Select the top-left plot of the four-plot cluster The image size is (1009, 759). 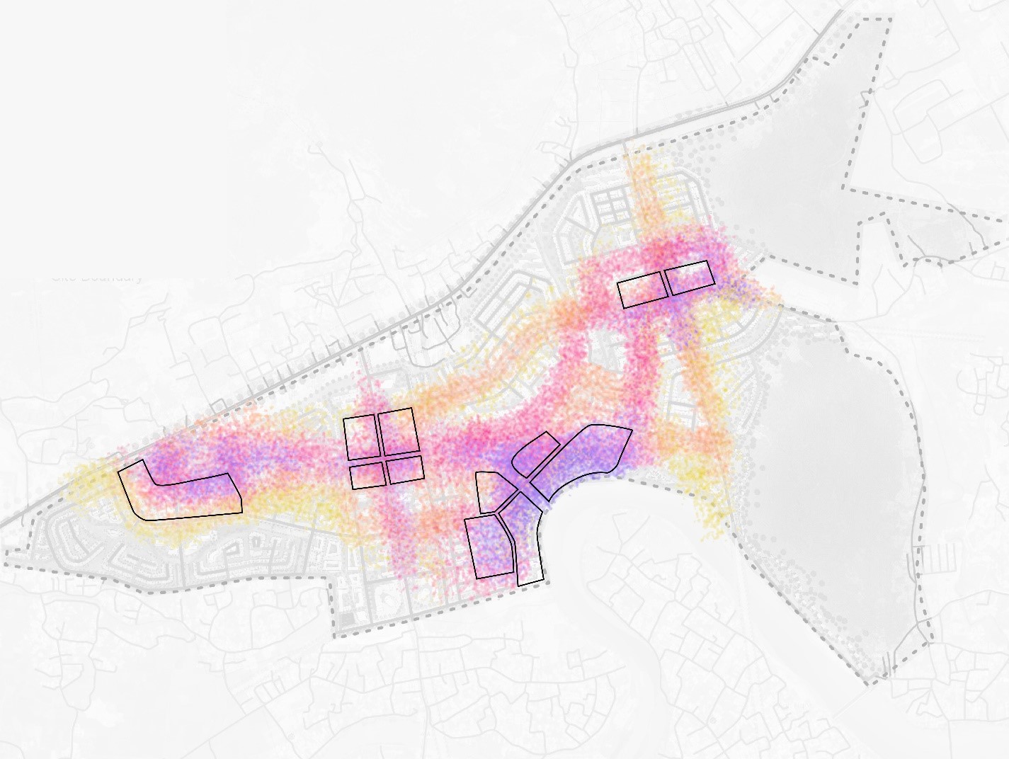(361, 438)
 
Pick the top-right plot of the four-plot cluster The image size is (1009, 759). (397, 430)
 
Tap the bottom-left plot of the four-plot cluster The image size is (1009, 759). (367, 475)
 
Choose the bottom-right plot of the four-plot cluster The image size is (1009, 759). (406, 469)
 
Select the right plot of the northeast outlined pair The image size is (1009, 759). (690, 277)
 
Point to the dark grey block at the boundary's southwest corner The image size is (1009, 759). (346, 620)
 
